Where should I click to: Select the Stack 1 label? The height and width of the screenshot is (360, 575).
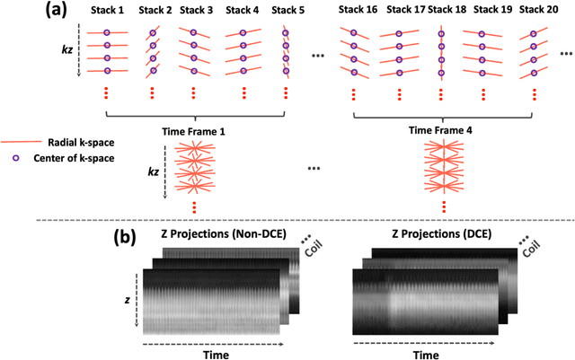click(x=107, y=12)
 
